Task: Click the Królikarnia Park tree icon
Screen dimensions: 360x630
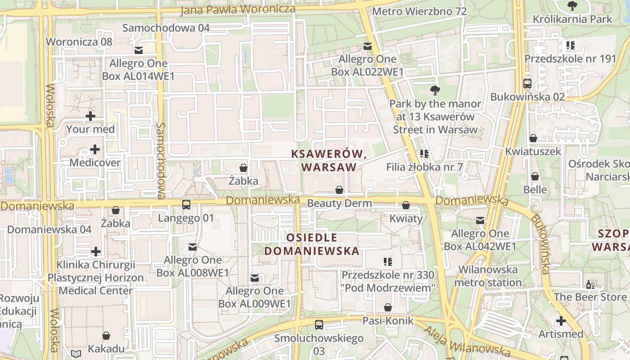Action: click(x=572, y=6)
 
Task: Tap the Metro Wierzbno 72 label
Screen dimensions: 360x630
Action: click(x=419, y=11)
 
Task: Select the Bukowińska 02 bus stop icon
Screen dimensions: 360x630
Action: click(x=527, y=84)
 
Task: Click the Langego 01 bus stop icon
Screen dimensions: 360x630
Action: click(x=186, y=205)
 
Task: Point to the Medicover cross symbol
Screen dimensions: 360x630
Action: click(x=95, y=149)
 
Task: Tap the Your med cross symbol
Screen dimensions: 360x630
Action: click(x=90, y=116)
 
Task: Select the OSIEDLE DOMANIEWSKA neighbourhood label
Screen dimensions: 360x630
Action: click(x=311, y=244)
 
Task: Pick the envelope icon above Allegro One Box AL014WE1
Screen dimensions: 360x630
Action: click(x=139, y=50)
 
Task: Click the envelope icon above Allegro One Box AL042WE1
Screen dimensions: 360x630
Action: click(x=480, y=220)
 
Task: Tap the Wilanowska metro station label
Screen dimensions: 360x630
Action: click(x=488, y=276)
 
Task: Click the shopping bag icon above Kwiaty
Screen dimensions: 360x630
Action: click(x=406, y=206)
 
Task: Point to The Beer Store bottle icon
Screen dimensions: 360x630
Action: click(x=589, y=284)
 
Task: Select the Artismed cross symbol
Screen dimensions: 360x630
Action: click(x=561, y=321)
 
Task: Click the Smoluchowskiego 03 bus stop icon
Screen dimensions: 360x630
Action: click(x=319, y=324)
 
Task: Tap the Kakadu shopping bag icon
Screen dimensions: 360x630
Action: click(x=106, y=336)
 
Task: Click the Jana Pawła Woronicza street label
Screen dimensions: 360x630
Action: click(x=238, y=9)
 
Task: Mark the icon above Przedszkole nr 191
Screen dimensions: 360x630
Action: click(x=570, y=45)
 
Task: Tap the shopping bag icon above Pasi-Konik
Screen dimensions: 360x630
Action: click(x=388, y=308)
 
